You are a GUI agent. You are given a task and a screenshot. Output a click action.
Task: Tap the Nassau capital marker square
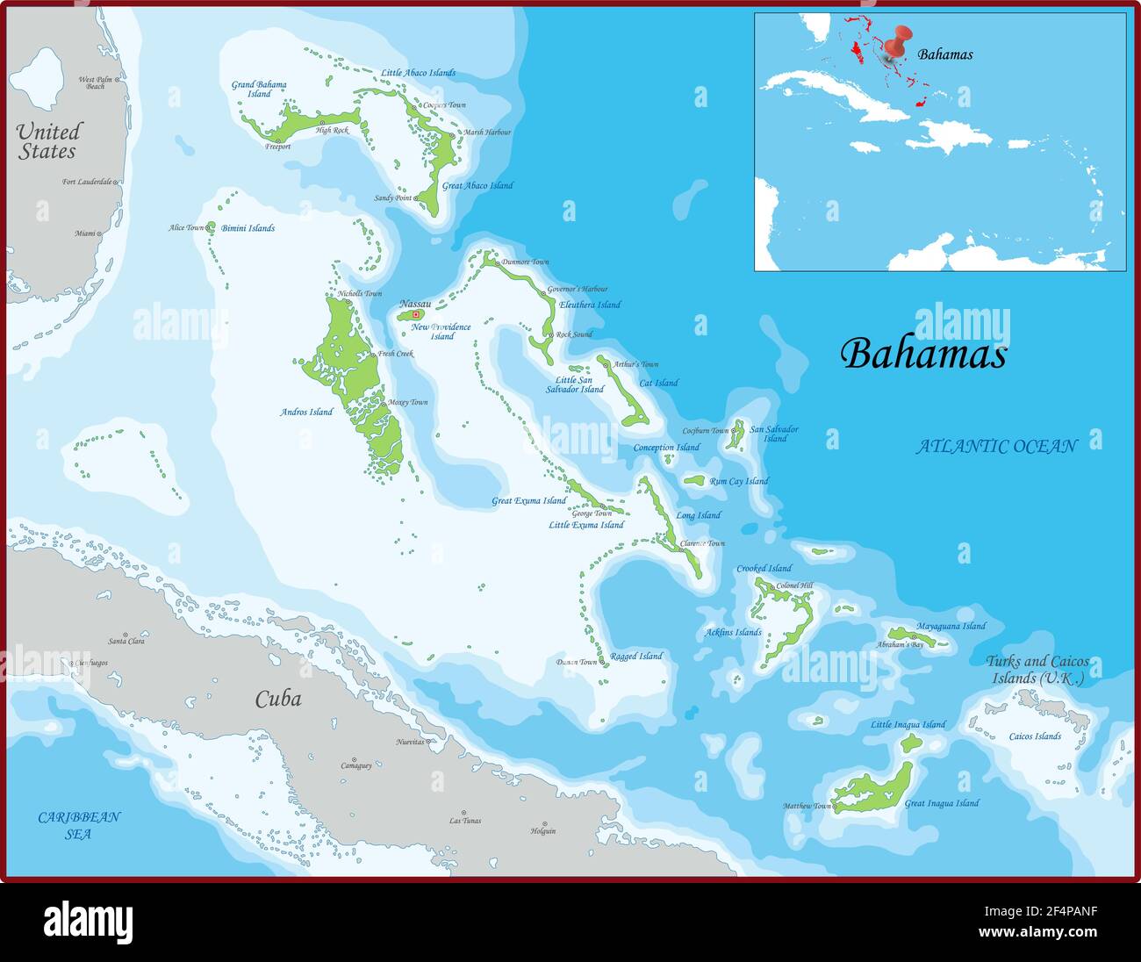pos(416,314)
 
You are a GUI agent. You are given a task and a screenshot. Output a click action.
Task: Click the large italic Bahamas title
pos(923,354)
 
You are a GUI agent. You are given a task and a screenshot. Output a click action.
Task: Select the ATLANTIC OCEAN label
pos(996,446)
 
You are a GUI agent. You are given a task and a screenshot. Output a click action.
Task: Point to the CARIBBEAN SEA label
pos(79,825)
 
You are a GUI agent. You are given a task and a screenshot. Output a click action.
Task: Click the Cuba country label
pos(278,699)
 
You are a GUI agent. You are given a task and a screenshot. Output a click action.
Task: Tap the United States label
pos(48,141)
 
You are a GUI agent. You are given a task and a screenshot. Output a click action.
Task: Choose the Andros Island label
pos(306,412)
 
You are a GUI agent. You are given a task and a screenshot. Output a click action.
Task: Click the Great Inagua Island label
pos(942,803)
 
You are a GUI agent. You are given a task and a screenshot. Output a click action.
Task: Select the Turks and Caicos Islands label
pos(1037,670)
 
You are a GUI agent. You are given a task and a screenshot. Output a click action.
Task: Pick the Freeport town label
pos(277,147)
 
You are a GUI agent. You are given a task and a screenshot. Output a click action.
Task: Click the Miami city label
pos(85,233)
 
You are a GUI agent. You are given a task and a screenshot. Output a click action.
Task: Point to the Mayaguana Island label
pos(951,626)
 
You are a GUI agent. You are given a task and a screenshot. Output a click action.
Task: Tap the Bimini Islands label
pos(248,228)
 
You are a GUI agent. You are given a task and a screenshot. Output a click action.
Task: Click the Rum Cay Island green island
pos(694,480)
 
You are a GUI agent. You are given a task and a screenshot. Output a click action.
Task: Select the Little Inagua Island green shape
pos(911,743)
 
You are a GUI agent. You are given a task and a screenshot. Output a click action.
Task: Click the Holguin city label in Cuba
pos(543,830)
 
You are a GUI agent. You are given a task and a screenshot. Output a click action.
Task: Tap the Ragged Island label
pos(636,657)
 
